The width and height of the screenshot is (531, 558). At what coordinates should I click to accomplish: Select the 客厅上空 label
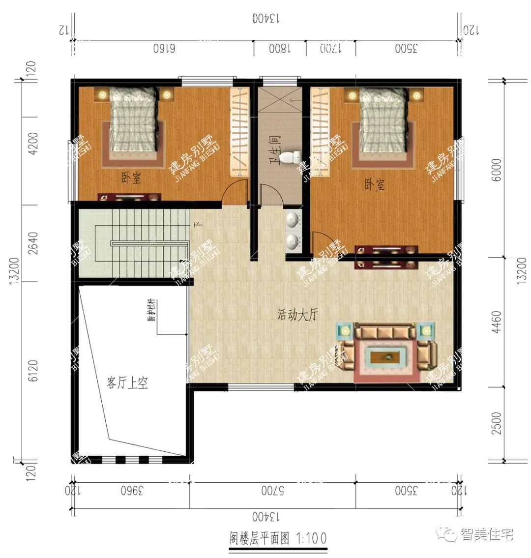click(x=127, y=383)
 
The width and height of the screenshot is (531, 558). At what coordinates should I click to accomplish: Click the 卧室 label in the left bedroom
click(x=131, y=177)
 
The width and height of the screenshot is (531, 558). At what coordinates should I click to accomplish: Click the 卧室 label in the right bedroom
click(x=374, y=185)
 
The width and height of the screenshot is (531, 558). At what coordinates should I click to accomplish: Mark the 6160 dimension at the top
click(x=165, y=49)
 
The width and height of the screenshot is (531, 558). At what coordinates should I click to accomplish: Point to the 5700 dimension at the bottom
click(x=273, y=490)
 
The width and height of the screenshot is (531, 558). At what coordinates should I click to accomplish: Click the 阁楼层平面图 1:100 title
click(x=278, y=538)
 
